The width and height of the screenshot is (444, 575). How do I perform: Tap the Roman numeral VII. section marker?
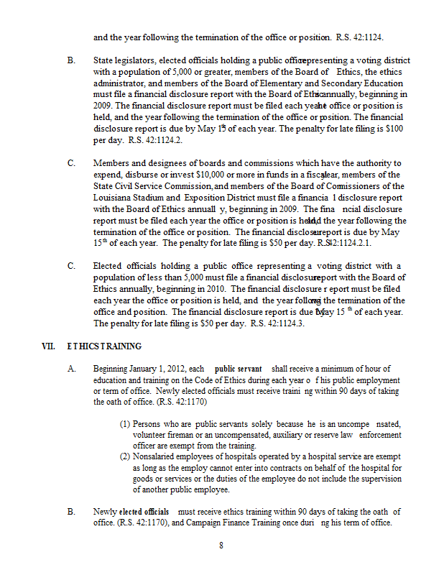[x=49, y=346]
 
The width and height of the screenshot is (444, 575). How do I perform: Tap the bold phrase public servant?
[x=238, y=369]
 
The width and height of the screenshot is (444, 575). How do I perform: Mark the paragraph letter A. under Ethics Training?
[x=71, y=369]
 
